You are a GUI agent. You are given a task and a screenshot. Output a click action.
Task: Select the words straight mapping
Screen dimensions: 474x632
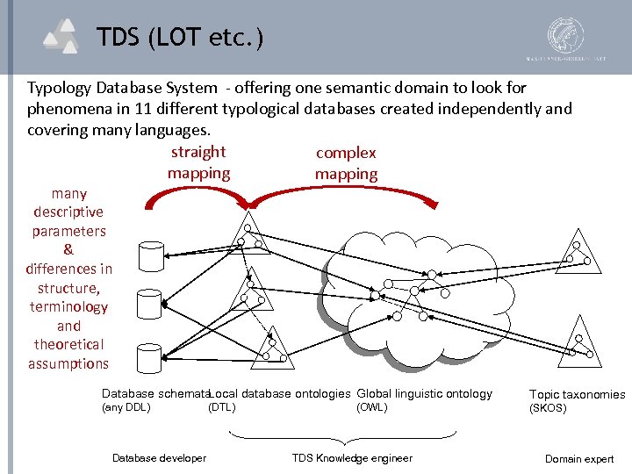[198, 162]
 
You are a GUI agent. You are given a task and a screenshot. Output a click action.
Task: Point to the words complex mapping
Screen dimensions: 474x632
[346, 163]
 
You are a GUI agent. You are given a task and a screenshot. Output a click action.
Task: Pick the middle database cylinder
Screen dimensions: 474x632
[149, 303]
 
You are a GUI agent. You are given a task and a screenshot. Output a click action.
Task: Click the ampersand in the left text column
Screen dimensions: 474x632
[68, 250]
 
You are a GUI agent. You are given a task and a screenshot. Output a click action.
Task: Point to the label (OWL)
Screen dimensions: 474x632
[371, 407]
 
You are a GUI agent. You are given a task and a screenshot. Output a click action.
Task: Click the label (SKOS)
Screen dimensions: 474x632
[548, 409]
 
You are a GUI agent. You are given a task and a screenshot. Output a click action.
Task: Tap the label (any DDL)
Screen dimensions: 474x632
[126, 407]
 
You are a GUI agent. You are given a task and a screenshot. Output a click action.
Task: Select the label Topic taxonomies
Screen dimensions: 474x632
[577, 395]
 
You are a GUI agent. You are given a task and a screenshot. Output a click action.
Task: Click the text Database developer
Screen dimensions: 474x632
[159, 458]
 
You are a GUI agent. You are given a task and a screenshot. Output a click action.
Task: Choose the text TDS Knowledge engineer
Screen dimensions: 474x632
[352, 458]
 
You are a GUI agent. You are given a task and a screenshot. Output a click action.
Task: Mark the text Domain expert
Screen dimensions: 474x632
[579, 459]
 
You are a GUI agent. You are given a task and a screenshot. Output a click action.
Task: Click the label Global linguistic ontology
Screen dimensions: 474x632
[425, 394]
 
